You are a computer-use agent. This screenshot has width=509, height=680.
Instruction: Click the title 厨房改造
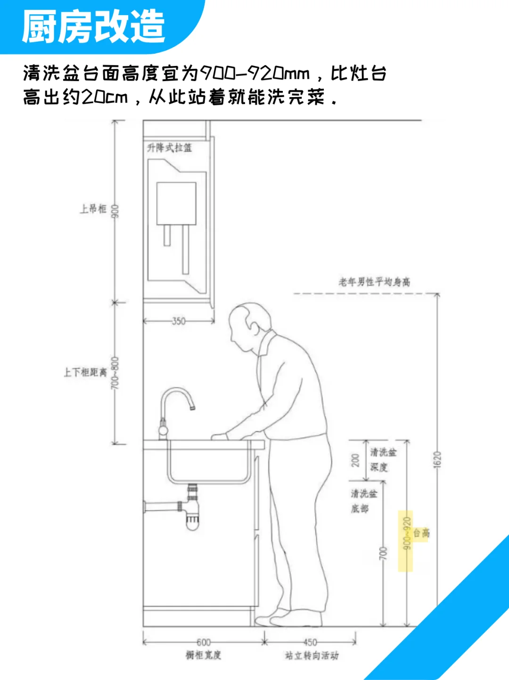point(93,26)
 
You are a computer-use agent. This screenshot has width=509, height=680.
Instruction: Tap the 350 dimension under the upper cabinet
point(179,321)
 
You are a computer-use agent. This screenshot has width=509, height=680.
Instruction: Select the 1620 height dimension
point(437,459)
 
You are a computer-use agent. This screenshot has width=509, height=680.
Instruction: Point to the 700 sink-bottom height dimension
point(383,553)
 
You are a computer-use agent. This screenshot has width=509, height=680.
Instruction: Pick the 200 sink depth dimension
point(356,460)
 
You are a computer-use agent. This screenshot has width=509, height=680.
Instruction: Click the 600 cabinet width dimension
point(204,642)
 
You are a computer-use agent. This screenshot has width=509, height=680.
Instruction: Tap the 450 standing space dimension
point(310,642)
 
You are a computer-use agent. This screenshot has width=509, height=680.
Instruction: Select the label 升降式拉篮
point(169,148)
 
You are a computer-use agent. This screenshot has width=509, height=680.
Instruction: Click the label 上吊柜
point(93,209)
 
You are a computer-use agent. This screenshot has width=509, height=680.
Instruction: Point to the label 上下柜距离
point(85,372)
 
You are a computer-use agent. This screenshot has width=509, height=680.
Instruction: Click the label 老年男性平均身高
point(374,282)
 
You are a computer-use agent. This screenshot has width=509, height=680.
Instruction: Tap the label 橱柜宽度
point(203,655)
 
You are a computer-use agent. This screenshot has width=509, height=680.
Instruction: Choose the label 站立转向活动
point(312,655)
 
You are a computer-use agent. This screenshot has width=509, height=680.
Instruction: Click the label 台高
point(422,533)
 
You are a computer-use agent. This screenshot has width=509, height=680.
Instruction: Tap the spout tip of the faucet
point(192,407)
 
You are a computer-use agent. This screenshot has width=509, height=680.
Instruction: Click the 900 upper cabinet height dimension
point(115,211)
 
